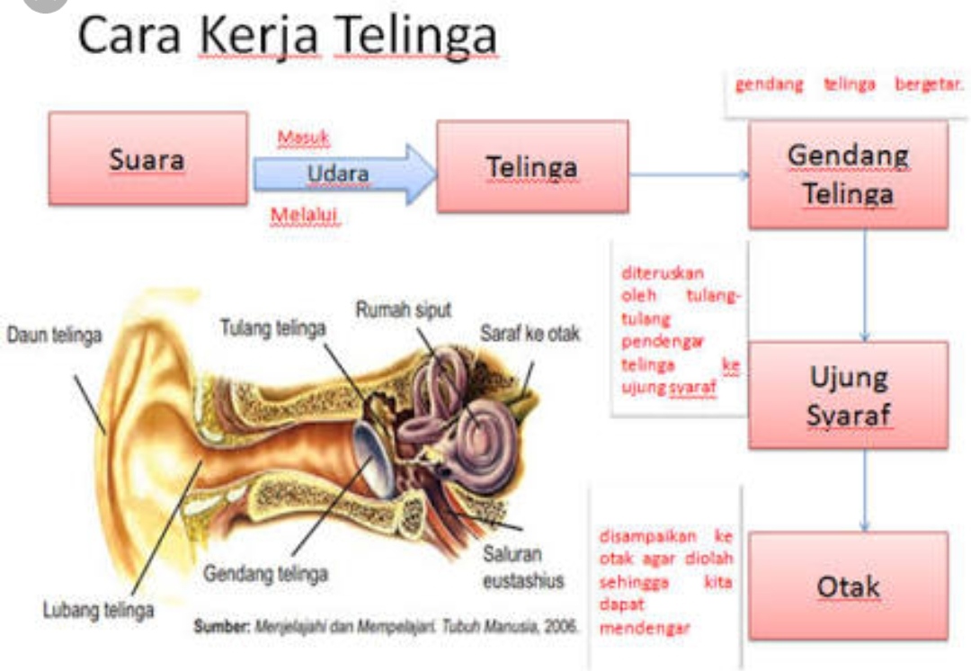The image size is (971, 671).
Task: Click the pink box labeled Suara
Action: tap(147, 158)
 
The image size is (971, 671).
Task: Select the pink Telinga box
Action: tap(532, 166)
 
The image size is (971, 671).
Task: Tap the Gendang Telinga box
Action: tap(848, 174)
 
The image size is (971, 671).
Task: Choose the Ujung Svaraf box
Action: tap(848, 395)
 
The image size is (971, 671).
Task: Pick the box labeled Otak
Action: tap(848, 586)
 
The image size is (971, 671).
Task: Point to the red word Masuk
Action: tap(304, 138)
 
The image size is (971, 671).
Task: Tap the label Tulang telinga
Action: tap(272, 328)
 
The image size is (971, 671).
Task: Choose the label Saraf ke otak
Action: tap(530, 334)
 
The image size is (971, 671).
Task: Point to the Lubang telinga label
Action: tap(99, 610)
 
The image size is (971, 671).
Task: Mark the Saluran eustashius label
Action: tap(523, 568)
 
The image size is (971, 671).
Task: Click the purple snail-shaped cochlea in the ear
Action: tap(472, 423)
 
